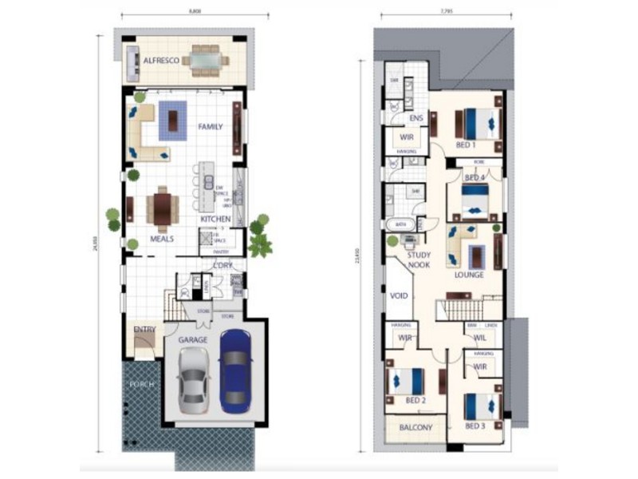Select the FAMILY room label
coord(211,126)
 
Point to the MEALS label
coord(162,238)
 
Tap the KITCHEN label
coord(215,219)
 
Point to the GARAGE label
coord(194,339)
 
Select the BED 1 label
coord(466,145)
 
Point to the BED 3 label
coord(475,426)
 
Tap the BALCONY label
coord(415,428)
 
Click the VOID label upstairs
coord(399,295)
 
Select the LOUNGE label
coord(470,275)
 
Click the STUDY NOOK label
coord(419,260)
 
